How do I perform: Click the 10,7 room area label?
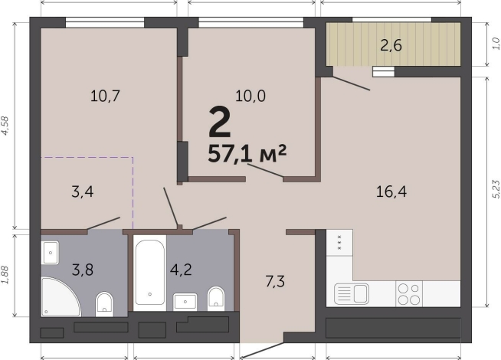105,96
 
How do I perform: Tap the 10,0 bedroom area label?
250,96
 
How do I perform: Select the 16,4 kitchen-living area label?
391,192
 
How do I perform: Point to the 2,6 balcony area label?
391,45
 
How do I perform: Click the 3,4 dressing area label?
83,192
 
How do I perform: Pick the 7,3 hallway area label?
275,282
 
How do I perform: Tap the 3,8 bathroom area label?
83,270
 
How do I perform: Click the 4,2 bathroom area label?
181,270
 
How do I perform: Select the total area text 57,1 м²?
247,154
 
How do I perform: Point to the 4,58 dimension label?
6,126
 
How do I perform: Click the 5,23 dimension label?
496,189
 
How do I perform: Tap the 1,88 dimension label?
6,274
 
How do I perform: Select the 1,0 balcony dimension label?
496,44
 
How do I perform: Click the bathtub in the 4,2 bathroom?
150,273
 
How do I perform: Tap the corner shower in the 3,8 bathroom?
61,297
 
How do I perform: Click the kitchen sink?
352,294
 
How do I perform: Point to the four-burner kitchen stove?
409,294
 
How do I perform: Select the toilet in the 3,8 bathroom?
104,304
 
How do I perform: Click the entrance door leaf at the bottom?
261,350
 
